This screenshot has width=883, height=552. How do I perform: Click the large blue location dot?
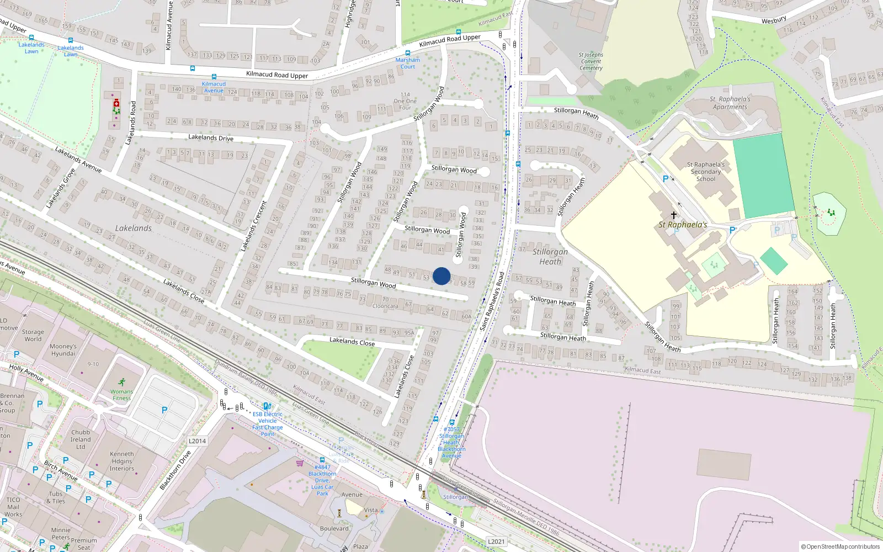(441, 276)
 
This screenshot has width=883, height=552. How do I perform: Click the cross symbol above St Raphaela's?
(673, 215)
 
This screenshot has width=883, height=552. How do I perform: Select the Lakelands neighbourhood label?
(134, 228)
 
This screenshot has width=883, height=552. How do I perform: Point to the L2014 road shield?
(197, 441)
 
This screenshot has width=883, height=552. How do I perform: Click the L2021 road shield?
(496, 542)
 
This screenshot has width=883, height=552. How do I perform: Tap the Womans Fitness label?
(121, 395)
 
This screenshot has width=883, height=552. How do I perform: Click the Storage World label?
(33, 336)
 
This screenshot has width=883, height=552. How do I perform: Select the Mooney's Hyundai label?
(63, 350)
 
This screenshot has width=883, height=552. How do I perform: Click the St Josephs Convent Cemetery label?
(591, 61)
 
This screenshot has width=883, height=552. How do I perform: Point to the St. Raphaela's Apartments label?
(730, 103)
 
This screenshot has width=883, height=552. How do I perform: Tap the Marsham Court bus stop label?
(408, 63)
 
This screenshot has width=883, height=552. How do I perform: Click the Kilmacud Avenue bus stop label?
(214, 87)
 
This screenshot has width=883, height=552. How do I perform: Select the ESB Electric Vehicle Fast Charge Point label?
(268, 424)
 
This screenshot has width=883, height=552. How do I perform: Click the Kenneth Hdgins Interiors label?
(121, 461)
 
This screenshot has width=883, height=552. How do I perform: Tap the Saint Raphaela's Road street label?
(492, 301)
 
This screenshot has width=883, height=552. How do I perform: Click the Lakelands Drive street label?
(211, 137)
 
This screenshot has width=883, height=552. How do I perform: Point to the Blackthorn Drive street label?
(175, 470)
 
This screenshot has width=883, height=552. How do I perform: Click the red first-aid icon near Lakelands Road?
(116, 104)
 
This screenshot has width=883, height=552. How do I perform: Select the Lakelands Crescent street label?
(253, 226)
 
